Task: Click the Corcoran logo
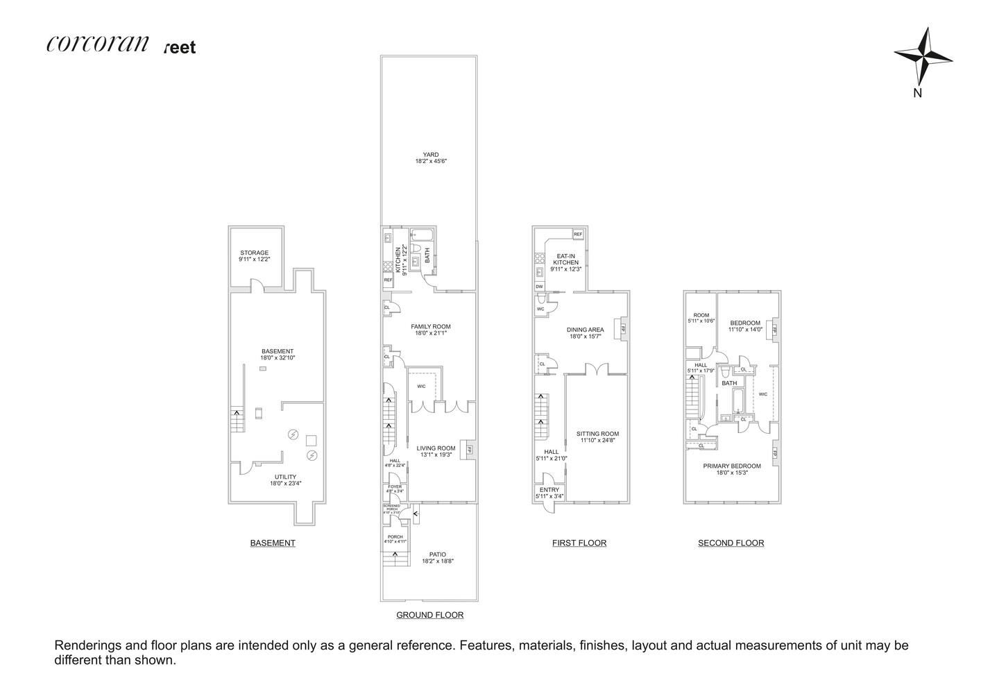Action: (98, 44)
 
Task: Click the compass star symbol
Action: (922, 56)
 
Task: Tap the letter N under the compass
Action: (917, 94)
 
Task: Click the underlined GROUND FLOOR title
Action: (429, 615)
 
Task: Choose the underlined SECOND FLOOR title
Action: (731, 543)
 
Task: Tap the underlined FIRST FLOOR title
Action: (579, 543)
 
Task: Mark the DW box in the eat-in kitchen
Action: (539, 286)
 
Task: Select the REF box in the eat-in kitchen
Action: (578, 235)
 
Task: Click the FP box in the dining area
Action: (622, 328)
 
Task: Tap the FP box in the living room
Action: (470, 449)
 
